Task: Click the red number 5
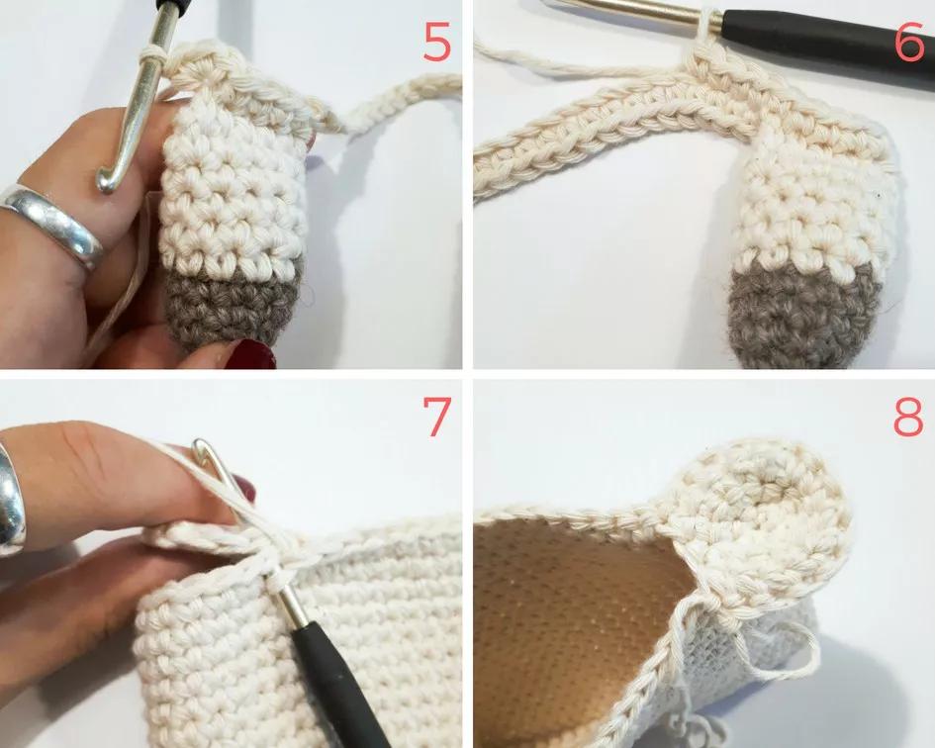(x=436, y=42)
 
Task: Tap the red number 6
(x=909, y=42)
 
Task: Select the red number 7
(x=436, y=416)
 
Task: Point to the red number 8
(x=908, y=417)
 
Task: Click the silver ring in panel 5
(x=53, y=221)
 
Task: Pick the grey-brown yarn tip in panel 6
(x=805, y=317)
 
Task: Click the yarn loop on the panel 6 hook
(x=706, y=24)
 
